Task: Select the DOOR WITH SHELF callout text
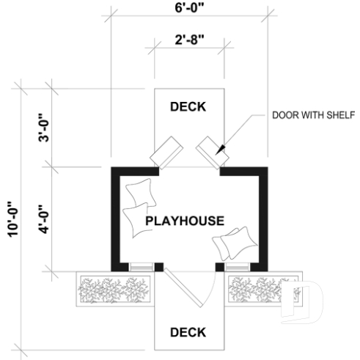tap(313, 115)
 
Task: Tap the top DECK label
tap(188, 107)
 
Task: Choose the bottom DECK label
tap(188, 332)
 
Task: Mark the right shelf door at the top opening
tap(212, 150)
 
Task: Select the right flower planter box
tap(260, 290)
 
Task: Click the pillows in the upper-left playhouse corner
tap(138, 207)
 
